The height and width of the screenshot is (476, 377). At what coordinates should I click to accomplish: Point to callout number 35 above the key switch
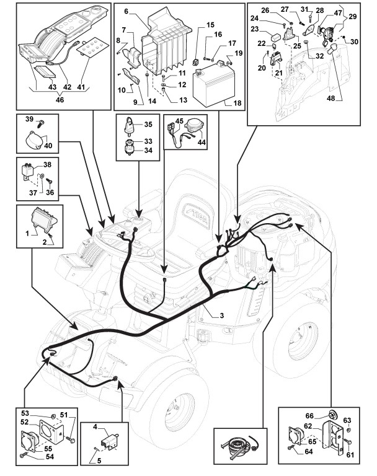[x=148, y=125]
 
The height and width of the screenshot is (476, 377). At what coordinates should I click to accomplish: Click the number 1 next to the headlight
[x=27, y=231]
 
